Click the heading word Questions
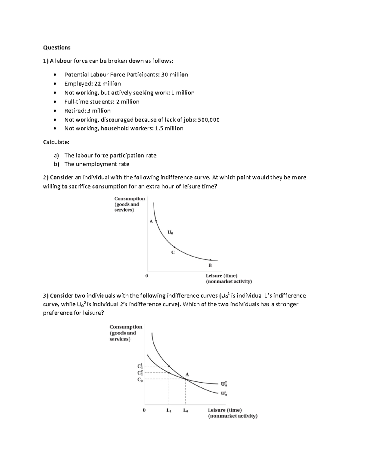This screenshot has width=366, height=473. click(57, 48)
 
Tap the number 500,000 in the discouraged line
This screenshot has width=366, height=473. click(209, 120)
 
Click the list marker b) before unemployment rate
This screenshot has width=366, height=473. click(56, 164)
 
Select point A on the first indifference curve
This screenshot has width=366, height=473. click(156, 221)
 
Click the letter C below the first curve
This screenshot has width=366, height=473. click(173, 252)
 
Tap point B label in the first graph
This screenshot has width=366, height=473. click(210, 265)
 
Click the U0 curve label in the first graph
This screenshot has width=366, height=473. click(170, 233)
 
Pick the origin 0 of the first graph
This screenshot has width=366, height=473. click(147, 276)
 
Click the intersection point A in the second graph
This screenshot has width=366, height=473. click(185, 378)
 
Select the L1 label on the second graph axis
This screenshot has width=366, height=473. click(169, 410)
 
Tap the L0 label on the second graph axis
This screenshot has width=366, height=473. click(185, 410)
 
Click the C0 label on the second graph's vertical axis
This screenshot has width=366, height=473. click(140, 380)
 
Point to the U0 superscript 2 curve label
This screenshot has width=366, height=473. click(224, 384)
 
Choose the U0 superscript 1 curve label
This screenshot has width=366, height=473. click(224, 394)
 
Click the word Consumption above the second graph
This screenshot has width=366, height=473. click(126, 327)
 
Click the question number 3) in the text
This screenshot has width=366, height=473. click(46, 296)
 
